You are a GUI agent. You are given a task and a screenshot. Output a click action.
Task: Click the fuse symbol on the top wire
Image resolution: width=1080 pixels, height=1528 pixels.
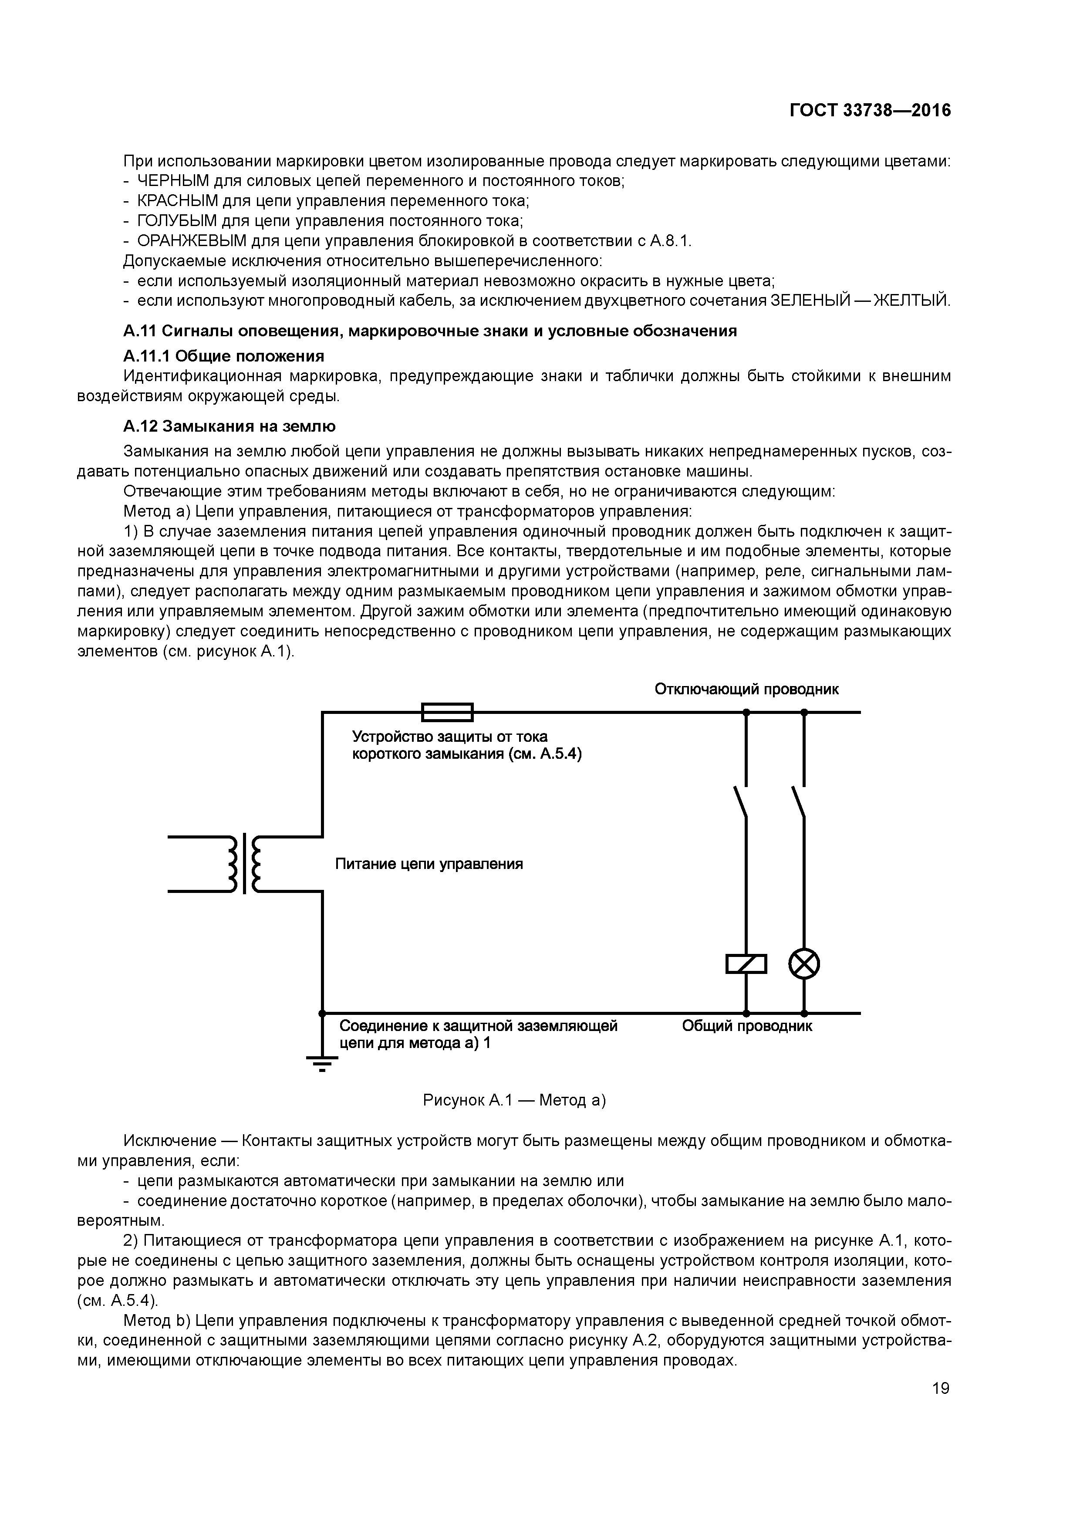pyautogui.click(x=447, y=712)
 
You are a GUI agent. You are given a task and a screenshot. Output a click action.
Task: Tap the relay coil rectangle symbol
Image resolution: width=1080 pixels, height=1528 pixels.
pyautogui.click(x=746, y=963)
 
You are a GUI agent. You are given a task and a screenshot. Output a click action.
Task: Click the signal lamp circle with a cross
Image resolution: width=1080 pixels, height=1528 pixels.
pyautogui.click(x=804, y=963)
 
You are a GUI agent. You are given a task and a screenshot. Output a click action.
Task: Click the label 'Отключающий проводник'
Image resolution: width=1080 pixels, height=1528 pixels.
pyautogui.click(x=746, y=689)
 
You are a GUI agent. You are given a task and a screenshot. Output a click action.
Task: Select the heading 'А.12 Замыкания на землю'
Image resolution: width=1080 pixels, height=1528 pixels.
pyautogui.click(x=229, y=426)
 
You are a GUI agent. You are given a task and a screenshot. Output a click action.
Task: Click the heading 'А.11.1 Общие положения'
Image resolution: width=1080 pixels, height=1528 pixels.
pyautogui.click(x=223, y=355)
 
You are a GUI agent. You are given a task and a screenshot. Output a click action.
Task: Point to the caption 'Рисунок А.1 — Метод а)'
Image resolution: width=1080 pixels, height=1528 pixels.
pyautogui.click(x=514, y=1101)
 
